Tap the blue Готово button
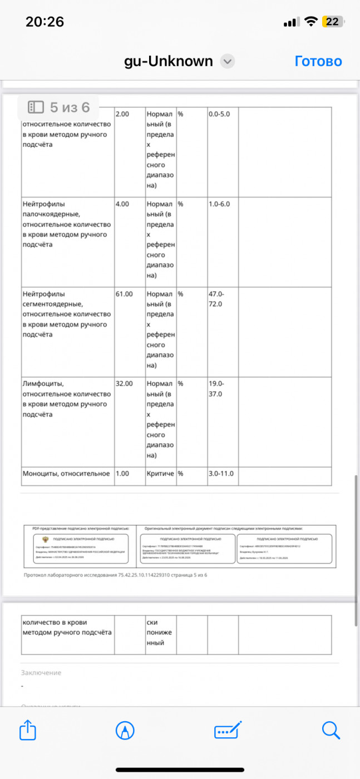318,61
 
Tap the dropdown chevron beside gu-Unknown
227,61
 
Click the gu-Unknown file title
168,61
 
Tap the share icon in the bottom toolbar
28,730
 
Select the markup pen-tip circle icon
125,730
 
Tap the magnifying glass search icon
331,730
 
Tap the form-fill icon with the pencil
228,730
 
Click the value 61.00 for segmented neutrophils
124,294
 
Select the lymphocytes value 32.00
124,384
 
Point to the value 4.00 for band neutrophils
122,204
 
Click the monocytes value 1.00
122,474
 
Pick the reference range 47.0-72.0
215,299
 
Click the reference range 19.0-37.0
215,389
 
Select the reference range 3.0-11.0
221,474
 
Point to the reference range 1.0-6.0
219,204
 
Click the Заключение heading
41,673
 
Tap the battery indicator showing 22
332,22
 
